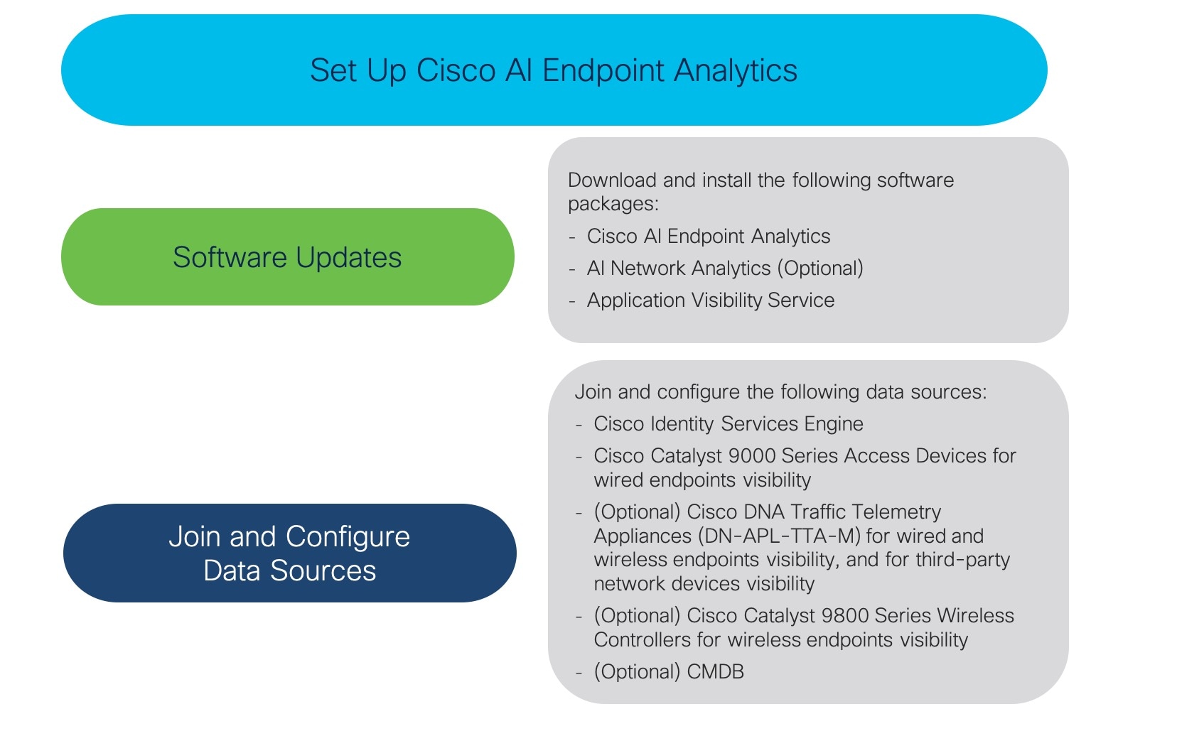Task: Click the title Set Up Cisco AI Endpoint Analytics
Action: coord(553,70)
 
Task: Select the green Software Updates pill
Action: coord(287,257)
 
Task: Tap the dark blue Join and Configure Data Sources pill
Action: coord(289,553)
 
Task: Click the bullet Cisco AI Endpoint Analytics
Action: coord(709,237)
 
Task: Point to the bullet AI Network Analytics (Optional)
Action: coord(725,269)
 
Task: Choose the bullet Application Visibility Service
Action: coord(711,301)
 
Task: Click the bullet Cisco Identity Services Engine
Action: coord(729,424)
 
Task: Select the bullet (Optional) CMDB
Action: coord(669,672)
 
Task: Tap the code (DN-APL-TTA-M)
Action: coord(779,536)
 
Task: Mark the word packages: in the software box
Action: coord(613,204)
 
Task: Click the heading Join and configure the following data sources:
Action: coord(781,392)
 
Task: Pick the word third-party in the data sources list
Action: coord(962,560)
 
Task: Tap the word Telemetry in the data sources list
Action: coord(896,512)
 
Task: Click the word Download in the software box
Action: coord(612,180)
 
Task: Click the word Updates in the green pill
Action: coord(348,257)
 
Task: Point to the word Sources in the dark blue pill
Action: coord(323,570)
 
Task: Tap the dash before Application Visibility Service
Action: coord(572,301)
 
